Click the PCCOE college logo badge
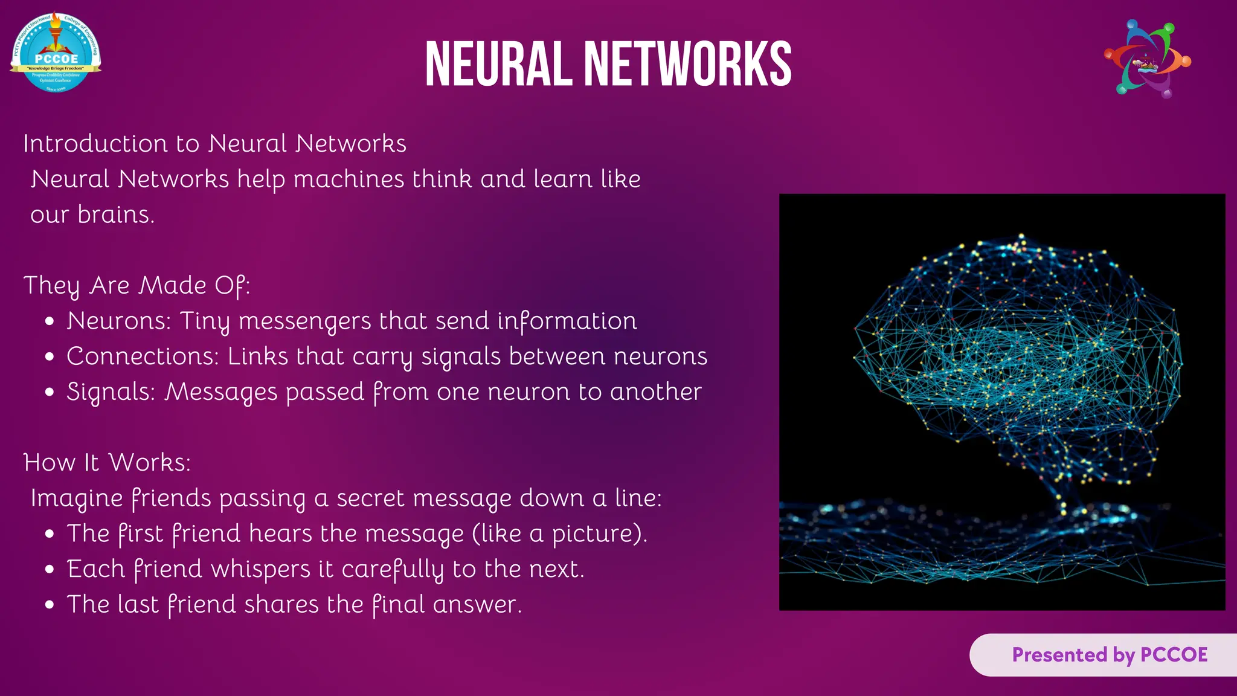click(x=56, y=53)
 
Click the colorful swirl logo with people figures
click(x=1147, y=59)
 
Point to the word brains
click(x=116, y=214)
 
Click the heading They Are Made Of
click(x=137, y=285)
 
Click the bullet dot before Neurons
click(x=50, y=322)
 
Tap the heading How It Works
click(x=107, y=463)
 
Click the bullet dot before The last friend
click(x=50, y=605)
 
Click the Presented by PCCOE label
click(x=1110, y=655)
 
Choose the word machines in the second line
click(x=349, y=179)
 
